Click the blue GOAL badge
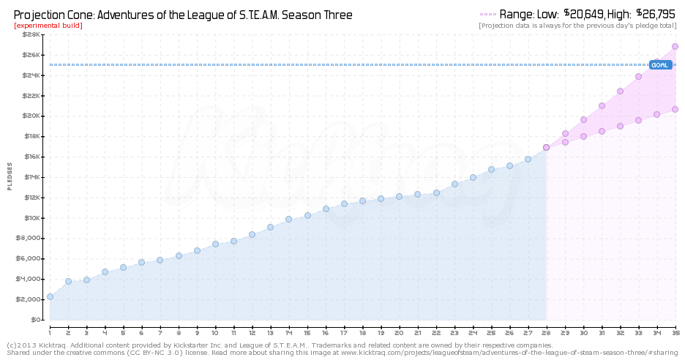[x=660, y=65]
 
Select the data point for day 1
[x=50, y=296]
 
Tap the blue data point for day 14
[x=289, y=219]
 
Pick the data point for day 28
[x=546, y=147]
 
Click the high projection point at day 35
[x=675, y=46]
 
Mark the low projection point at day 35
[x=675, y=109]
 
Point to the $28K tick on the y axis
[x=31, y=34]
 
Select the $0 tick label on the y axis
[x=35, y=320]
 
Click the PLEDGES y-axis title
[x=10, y=176]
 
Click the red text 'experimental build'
[x=48, y=26]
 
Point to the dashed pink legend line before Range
[x=487, y=14]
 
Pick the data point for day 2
[x=68, y=281]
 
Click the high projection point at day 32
[x=620, y=91]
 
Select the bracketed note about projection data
[x=577, y=26]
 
